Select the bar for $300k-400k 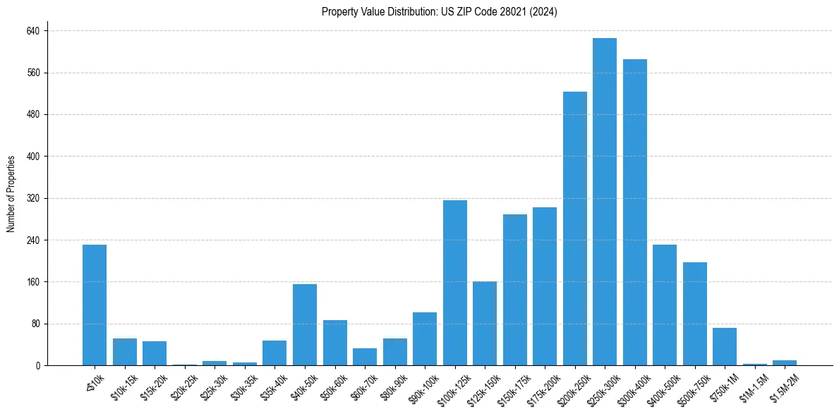634,212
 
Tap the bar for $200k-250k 574,228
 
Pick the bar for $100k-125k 455,283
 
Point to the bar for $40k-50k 305,324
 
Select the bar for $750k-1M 725,346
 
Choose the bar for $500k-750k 694,314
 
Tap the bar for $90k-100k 425,338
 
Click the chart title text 440,12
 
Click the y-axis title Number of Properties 11,194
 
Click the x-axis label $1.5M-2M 780,389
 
